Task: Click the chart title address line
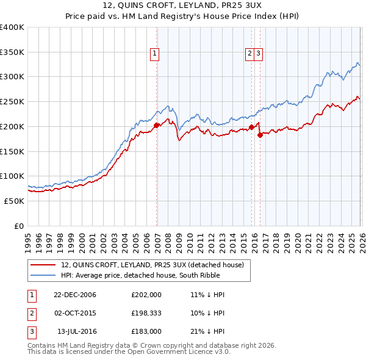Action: [x=183, y=7]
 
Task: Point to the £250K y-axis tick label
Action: [x=12, y=102]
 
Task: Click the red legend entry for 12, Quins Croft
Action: [x=152, y=264]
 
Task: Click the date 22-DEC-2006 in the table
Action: [x=75, y=295]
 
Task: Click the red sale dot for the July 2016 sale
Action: [x=260, y=135]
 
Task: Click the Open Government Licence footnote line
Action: [x=129, y=352]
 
